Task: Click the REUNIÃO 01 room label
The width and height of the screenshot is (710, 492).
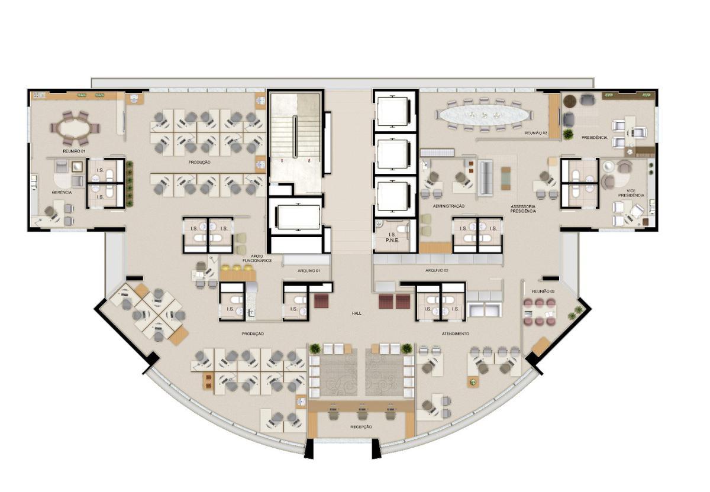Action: point(75,151)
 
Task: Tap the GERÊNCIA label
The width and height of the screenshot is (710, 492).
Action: point(62,192)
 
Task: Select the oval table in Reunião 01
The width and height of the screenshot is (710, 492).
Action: point(75,127)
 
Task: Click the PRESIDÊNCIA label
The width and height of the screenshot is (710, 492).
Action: point(594,138)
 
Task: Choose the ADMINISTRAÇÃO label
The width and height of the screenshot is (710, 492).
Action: point(448,206)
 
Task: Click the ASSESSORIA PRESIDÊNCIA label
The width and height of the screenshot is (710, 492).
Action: point(524,208)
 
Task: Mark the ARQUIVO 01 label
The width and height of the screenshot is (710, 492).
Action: point(308,270)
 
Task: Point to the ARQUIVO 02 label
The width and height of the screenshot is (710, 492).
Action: point(437,270)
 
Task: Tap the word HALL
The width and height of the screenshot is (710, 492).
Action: point(356,313)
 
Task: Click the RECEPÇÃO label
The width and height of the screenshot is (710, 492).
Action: point(361,426)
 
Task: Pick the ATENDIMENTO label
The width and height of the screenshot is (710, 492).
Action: point(455,334)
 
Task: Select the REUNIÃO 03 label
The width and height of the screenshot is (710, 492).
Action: point(543,291)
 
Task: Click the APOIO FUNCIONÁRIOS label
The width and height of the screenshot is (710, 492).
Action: point(261,258)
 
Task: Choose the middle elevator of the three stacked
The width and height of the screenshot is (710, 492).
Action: point(393,154)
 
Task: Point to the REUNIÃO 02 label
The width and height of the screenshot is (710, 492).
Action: point(535,133)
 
